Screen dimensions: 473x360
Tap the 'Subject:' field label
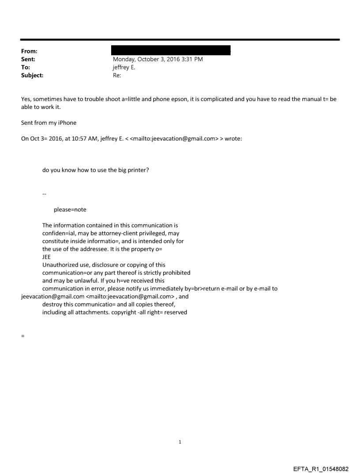(x=31, y=75)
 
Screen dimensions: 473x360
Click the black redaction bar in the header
(x=172, y=50)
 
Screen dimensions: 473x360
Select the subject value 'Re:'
(x=117, y=75)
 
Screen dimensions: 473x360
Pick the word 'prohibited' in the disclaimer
(x=175, y=273)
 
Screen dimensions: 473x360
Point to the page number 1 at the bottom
(x=180, y=442)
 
